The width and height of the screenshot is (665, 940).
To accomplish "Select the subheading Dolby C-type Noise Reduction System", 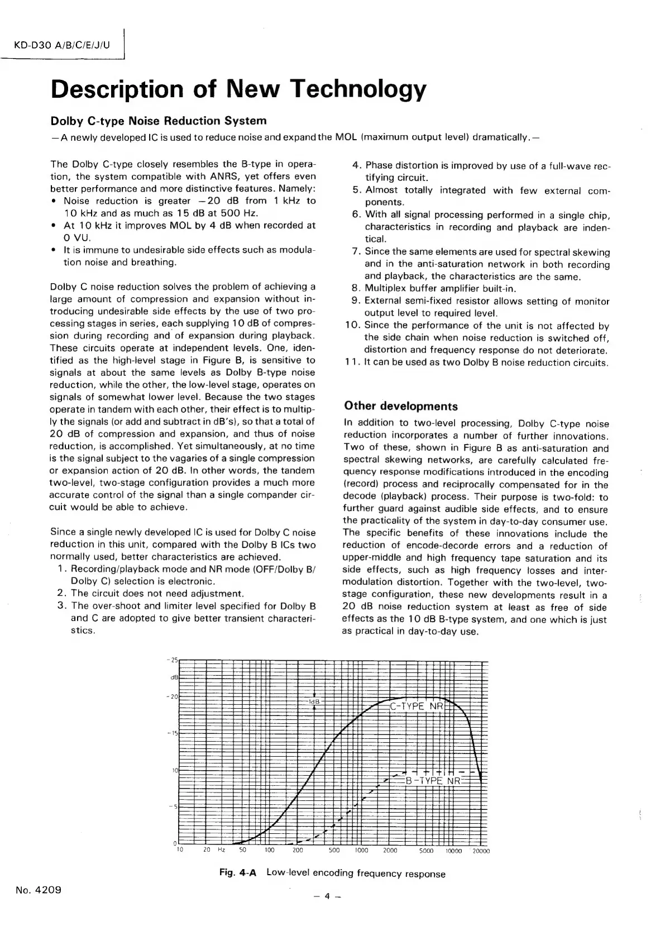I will (159, 121).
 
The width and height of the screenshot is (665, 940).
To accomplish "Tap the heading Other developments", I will (401, 406).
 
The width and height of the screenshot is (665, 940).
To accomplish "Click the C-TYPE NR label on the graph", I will (417, 706).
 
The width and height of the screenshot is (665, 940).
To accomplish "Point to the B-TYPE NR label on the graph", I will (433, 780).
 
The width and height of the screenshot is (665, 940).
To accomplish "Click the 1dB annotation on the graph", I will (314, 701).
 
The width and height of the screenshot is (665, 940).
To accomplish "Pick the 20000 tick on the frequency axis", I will (481, 851).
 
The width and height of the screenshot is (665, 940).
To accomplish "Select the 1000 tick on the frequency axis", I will (362, 851).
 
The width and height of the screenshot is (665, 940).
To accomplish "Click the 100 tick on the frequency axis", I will (269, 851).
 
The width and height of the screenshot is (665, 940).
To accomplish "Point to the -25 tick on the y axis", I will (173, 660).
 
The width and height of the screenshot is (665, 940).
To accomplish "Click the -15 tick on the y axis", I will (173, 733).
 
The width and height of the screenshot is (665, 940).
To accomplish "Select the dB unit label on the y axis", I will (174, 677).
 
